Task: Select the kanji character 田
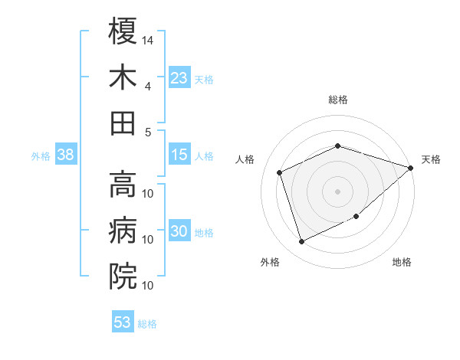tap(123, 123)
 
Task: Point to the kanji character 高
tap(123, 184)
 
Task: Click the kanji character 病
tap(123, 229)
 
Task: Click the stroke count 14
tap(149, 39)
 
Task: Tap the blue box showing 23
tap(179, 77)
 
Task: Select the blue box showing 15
tap(179, 155)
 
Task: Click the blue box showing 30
tap(179, 231)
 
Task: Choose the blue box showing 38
tap(65, 155)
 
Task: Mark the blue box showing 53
tap(123, 322)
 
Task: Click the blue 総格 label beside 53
tap(147, 324)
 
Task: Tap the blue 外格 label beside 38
tap(41, 156)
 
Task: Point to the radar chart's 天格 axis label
tap(431, 159)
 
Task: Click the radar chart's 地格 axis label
tap(402, 262)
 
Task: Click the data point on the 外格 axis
tap(302, 242)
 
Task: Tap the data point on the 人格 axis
tap(281, 172)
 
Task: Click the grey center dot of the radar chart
tap(338, 191)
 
